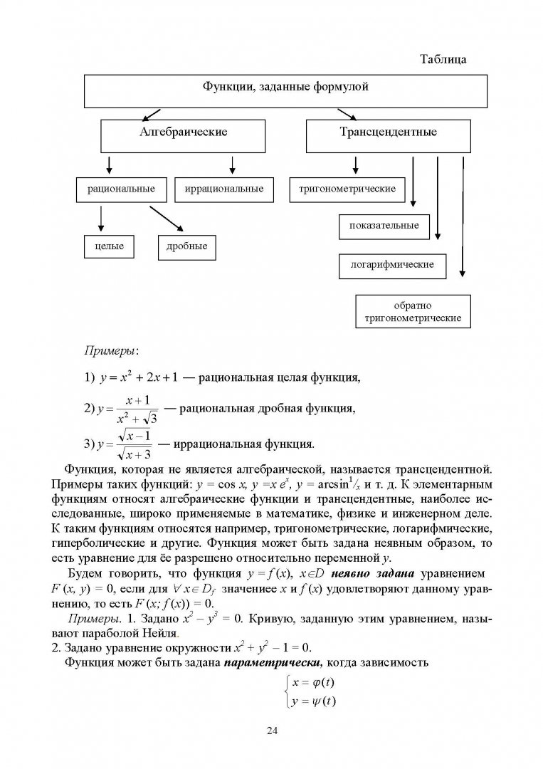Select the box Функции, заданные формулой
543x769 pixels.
pyautogui.click(x=286, y=90)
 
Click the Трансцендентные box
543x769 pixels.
pyautogui.click(x=388, y=135)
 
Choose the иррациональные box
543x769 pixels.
pyautogui.click(x=223, y=189)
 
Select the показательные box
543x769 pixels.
pyautogui.click(x=384, y=226)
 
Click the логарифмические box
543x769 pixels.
pyautogui.click(x=392, y=265)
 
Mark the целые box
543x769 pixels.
pyautogui.click(x=109, y=246)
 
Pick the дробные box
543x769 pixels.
pyautogui.click(x=186, y=246)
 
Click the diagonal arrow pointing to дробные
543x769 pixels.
pyautogui.click(x=166, y=219)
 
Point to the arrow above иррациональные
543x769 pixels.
pyautogui.click(x=232, y=165)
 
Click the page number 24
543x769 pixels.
pyautogui.click(x=271, y=731)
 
